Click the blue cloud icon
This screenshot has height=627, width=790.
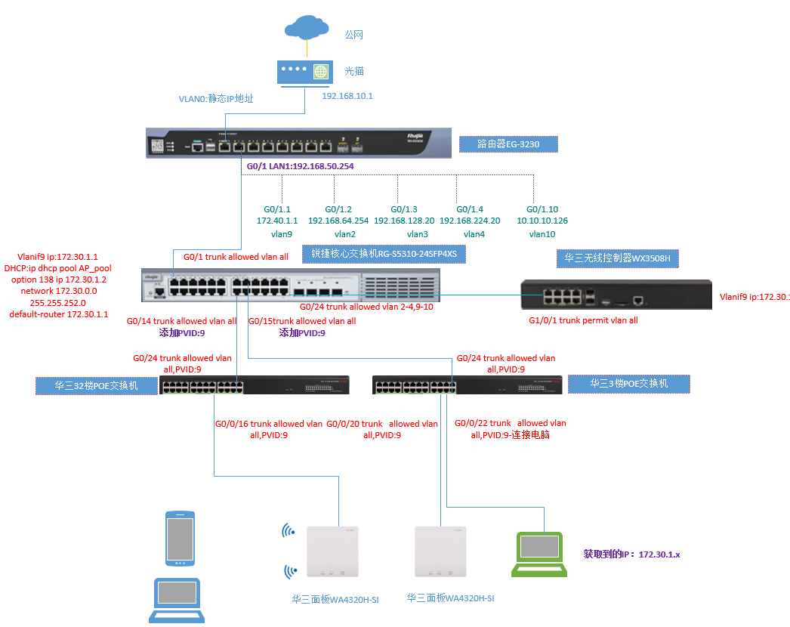[x=307, y=29]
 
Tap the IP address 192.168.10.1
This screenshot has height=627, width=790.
[x=347, y=96]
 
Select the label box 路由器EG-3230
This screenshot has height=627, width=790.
[x=508, y=144]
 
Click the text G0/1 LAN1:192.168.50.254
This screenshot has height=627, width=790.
[x=300, y=165]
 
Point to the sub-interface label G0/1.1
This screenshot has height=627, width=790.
[x=276, y=209]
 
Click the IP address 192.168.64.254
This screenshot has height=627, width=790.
[x=338, y=221]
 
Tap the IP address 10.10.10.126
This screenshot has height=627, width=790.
[x=542, y=221]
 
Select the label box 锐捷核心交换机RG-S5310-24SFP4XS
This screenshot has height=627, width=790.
[x=384, y=255]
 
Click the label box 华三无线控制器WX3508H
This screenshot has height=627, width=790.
[x=618, y=258]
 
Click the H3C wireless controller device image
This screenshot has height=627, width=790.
[x=616, y=295]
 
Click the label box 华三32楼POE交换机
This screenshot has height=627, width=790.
[x=96, y=385]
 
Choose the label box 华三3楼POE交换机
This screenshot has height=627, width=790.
[x=628, y=384]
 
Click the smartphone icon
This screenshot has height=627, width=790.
[x=180, y=539]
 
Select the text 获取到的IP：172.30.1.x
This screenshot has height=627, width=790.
[x=631, y=554]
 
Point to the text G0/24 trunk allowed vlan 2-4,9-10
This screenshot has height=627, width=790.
[x=366, y=307]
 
